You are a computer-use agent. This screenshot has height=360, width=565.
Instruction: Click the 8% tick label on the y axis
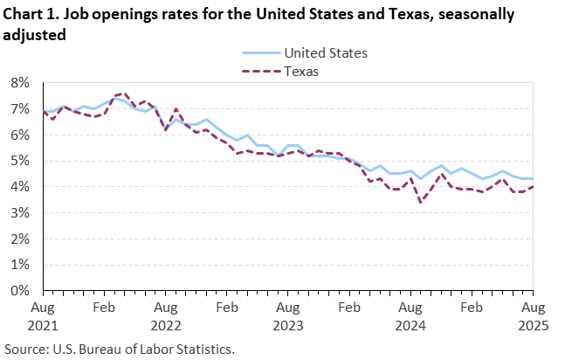tap(20, 83)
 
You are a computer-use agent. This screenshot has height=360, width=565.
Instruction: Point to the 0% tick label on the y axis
tap(20, 291)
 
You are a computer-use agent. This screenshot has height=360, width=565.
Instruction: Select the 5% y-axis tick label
tap(20, 161)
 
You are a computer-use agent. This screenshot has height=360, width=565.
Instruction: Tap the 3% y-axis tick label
tap(20, 213)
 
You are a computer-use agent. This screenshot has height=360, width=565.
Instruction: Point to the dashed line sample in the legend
tap(253, 72)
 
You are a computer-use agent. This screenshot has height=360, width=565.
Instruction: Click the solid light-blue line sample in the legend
tap(253, 53)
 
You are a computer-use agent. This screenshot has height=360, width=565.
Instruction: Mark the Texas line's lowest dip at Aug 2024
tap(422, 203)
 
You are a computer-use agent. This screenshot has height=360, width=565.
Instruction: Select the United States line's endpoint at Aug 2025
tap(534, 178)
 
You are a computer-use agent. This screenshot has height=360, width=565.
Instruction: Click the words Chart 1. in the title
tap(31, 16)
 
